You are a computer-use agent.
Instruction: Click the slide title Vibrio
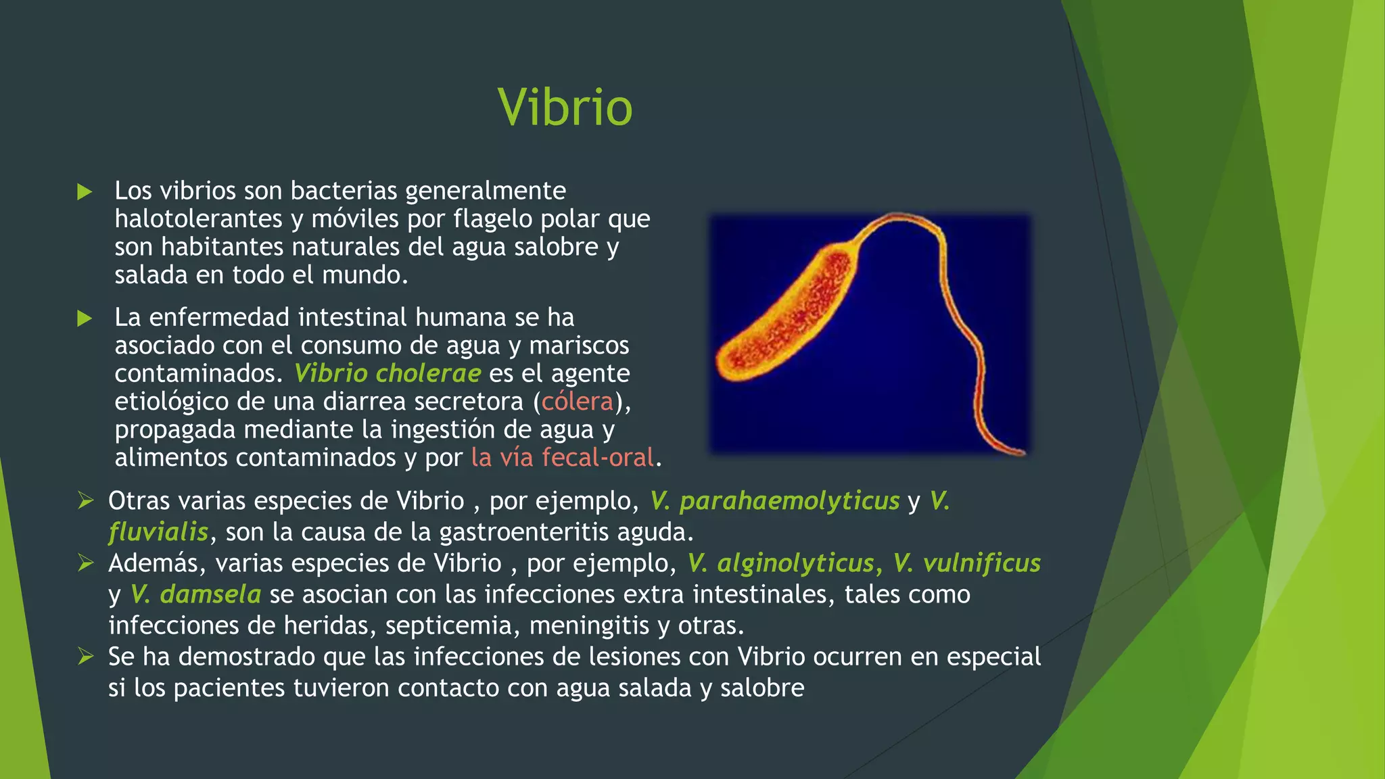(565, 108)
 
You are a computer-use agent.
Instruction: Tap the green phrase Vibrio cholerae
(387, 373)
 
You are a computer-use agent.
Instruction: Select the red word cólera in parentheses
(577, 402)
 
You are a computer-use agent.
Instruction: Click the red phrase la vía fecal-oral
(562, 458)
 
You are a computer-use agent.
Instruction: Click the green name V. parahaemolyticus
(774, 501)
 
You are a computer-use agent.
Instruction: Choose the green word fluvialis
(158, 532)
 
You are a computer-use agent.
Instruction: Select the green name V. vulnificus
(966, 563)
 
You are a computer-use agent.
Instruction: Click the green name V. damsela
(195, 594)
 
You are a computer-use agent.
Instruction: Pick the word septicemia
(452, 625)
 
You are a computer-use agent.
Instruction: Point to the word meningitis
(589, 625)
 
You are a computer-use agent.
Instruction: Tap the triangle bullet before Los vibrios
(85, 191)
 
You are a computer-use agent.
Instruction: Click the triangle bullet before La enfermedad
(85, 318)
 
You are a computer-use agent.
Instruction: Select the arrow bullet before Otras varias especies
(85, 501)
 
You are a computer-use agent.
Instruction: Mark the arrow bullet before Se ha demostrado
(85, 657)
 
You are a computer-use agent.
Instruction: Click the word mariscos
(579, 346)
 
